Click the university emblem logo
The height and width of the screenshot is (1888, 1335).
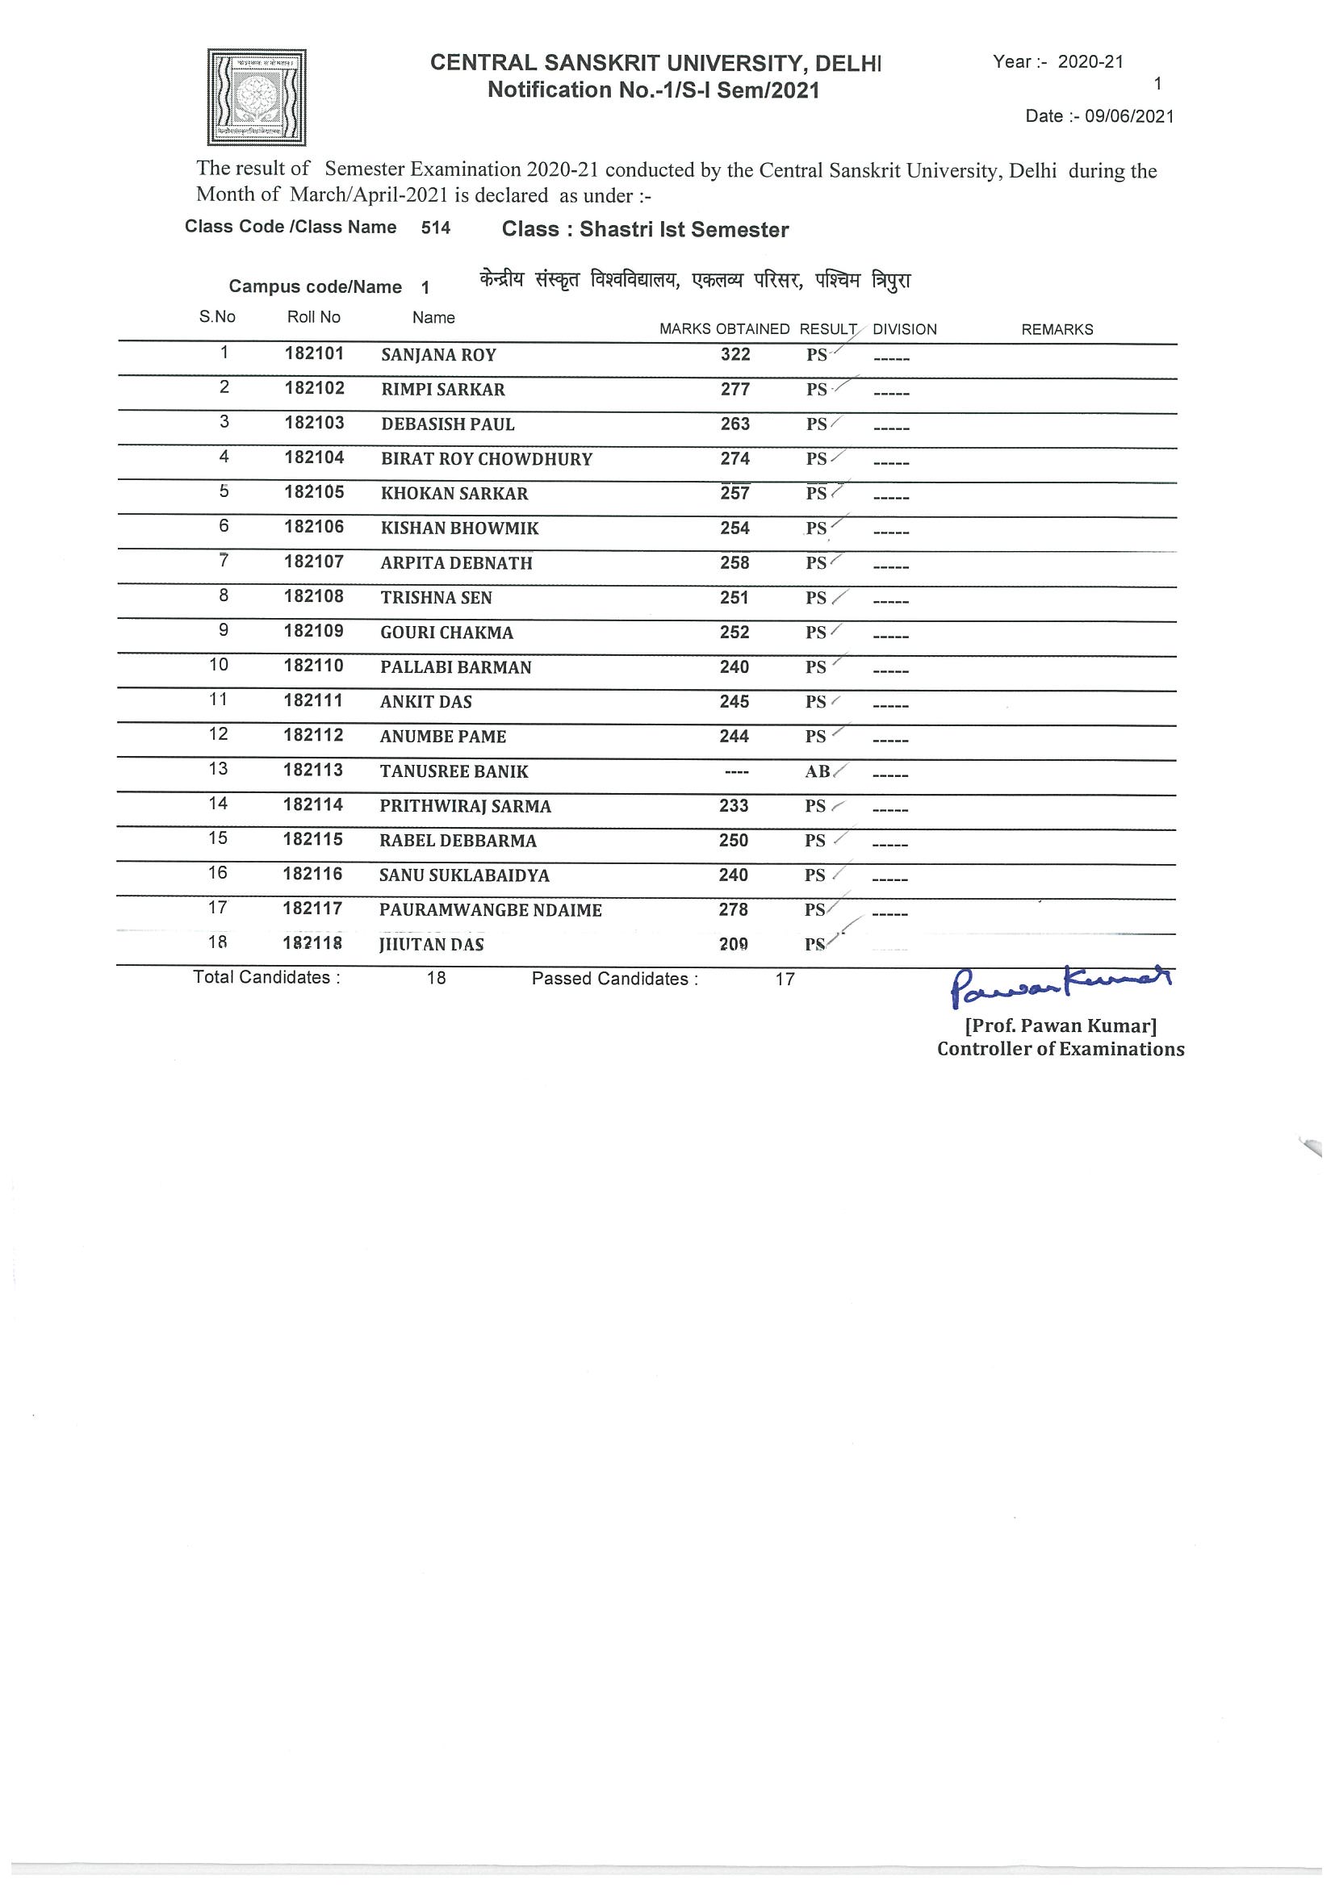pos(257,97)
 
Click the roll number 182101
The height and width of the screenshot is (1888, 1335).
pos(314,353)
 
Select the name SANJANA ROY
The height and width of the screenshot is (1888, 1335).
pos(438,355)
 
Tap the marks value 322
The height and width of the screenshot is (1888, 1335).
pos(735,354)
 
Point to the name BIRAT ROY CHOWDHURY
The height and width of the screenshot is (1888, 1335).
pos(486,459)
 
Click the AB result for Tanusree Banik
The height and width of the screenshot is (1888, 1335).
pos(818,771)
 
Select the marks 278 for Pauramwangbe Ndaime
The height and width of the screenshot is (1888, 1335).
pos(734,909)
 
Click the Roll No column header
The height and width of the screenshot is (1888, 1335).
pos(313,317)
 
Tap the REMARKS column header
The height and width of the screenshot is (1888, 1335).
pos(1057,330)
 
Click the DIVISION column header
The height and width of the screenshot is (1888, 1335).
pos(905,330)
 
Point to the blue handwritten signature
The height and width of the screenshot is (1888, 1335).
pos(1061,985)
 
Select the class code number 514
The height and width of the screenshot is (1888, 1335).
pos(436,228)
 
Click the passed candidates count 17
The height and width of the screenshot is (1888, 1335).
pos(785,979)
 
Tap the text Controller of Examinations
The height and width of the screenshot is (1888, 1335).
pos(1061,1049)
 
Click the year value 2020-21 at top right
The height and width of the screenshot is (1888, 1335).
pos(1090,61)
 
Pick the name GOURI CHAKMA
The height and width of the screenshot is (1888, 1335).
pos(446,633)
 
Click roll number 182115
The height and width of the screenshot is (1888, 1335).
pos(312,840)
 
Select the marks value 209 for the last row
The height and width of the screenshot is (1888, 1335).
pos(734,945)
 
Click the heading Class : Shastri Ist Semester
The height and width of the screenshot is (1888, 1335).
pos(645,229)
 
